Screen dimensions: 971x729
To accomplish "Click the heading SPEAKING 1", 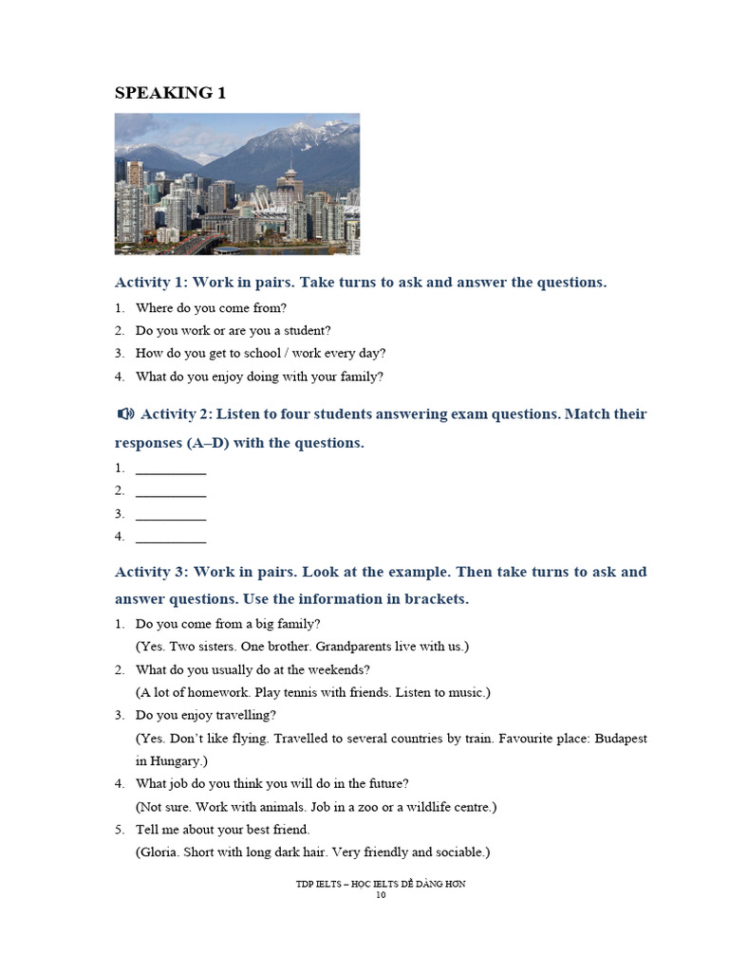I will (x=170, y=93).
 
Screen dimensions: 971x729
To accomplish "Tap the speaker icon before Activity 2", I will (x=125, y=414).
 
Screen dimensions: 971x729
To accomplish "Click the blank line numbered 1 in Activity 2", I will (x=171, y=469).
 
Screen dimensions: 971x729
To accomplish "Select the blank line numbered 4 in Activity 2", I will (x=171, y=538).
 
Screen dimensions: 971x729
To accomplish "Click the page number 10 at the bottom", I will (x=381, y=894).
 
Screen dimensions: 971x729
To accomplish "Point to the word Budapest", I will (x=621, y=738).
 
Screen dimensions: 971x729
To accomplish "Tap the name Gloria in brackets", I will (x=160, y=852).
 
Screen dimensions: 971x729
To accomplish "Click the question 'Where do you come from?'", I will (x=211, y=308).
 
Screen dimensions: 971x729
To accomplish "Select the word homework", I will (x=210, y=692).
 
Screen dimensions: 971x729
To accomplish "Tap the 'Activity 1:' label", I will (x=152, y=283).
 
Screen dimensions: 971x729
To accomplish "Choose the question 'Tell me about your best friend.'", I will (x=223, y=830).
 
